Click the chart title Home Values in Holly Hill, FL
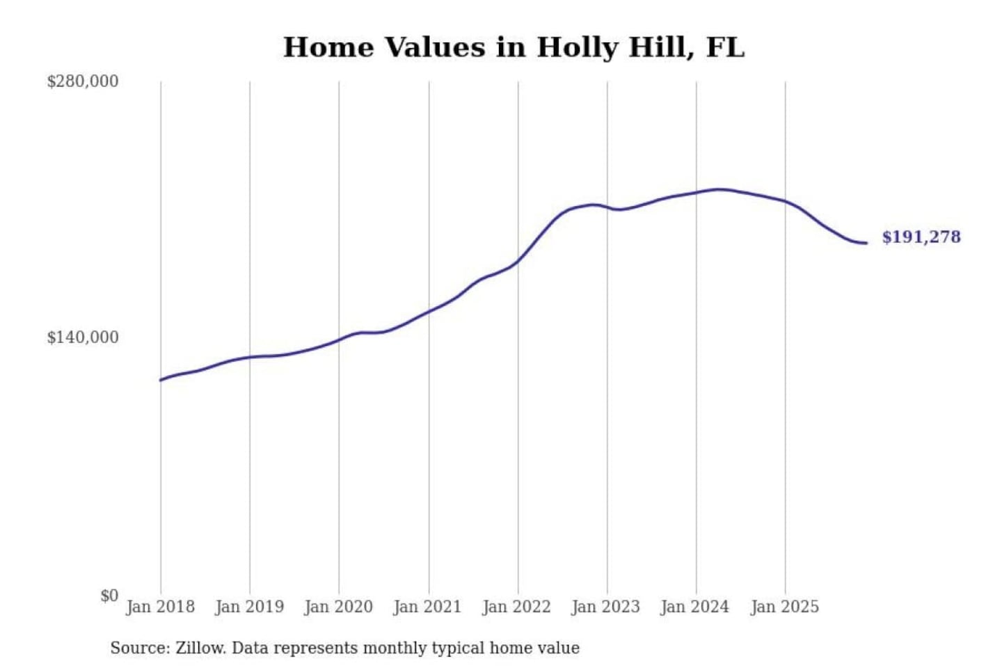514,47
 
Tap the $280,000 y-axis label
82,81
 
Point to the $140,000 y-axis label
82,337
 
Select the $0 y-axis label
109,596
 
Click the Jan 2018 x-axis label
160,607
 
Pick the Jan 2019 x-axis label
249,607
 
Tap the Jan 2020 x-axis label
338,607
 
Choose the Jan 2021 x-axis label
427,607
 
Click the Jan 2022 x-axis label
516,607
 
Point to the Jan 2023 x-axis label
605,607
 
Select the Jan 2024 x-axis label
694,607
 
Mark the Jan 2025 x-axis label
784,607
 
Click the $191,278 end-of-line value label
921,237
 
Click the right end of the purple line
866,243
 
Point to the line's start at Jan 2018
161,380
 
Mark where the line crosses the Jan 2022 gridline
518,262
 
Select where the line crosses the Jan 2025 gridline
786,201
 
